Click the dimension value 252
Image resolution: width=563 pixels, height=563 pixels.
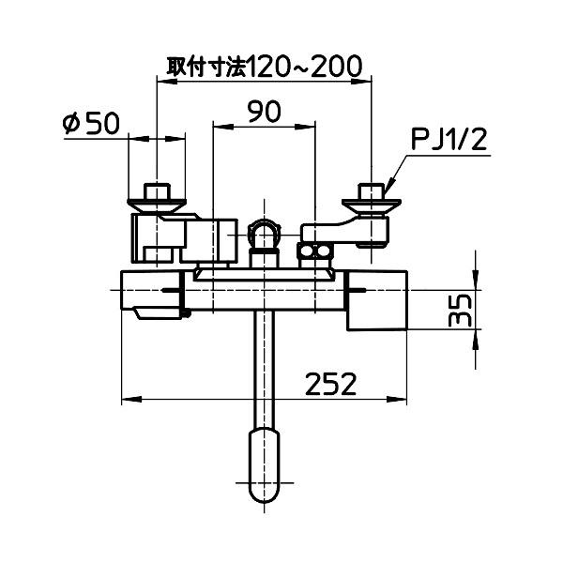point(330,383)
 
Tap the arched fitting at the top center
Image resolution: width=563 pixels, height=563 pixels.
point(265,234)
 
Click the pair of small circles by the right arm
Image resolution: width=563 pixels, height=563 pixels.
point(316,251)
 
